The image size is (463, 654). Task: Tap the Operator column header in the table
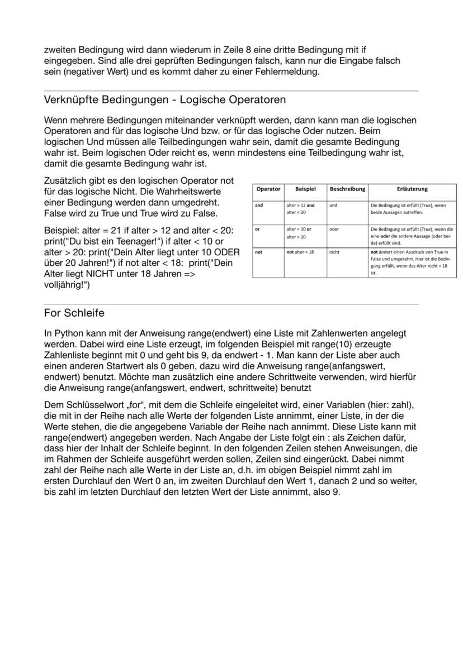(268, 189)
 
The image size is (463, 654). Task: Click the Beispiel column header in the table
(305, 189)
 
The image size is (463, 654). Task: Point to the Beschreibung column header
(347, 189)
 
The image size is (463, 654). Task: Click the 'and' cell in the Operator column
(259, 206)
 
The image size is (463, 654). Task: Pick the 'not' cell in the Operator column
(259, 252)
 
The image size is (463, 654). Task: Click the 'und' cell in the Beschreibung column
(334, 206)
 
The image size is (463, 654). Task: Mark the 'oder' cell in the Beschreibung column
(336, 229)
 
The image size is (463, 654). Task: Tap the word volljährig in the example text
(64, 284)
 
